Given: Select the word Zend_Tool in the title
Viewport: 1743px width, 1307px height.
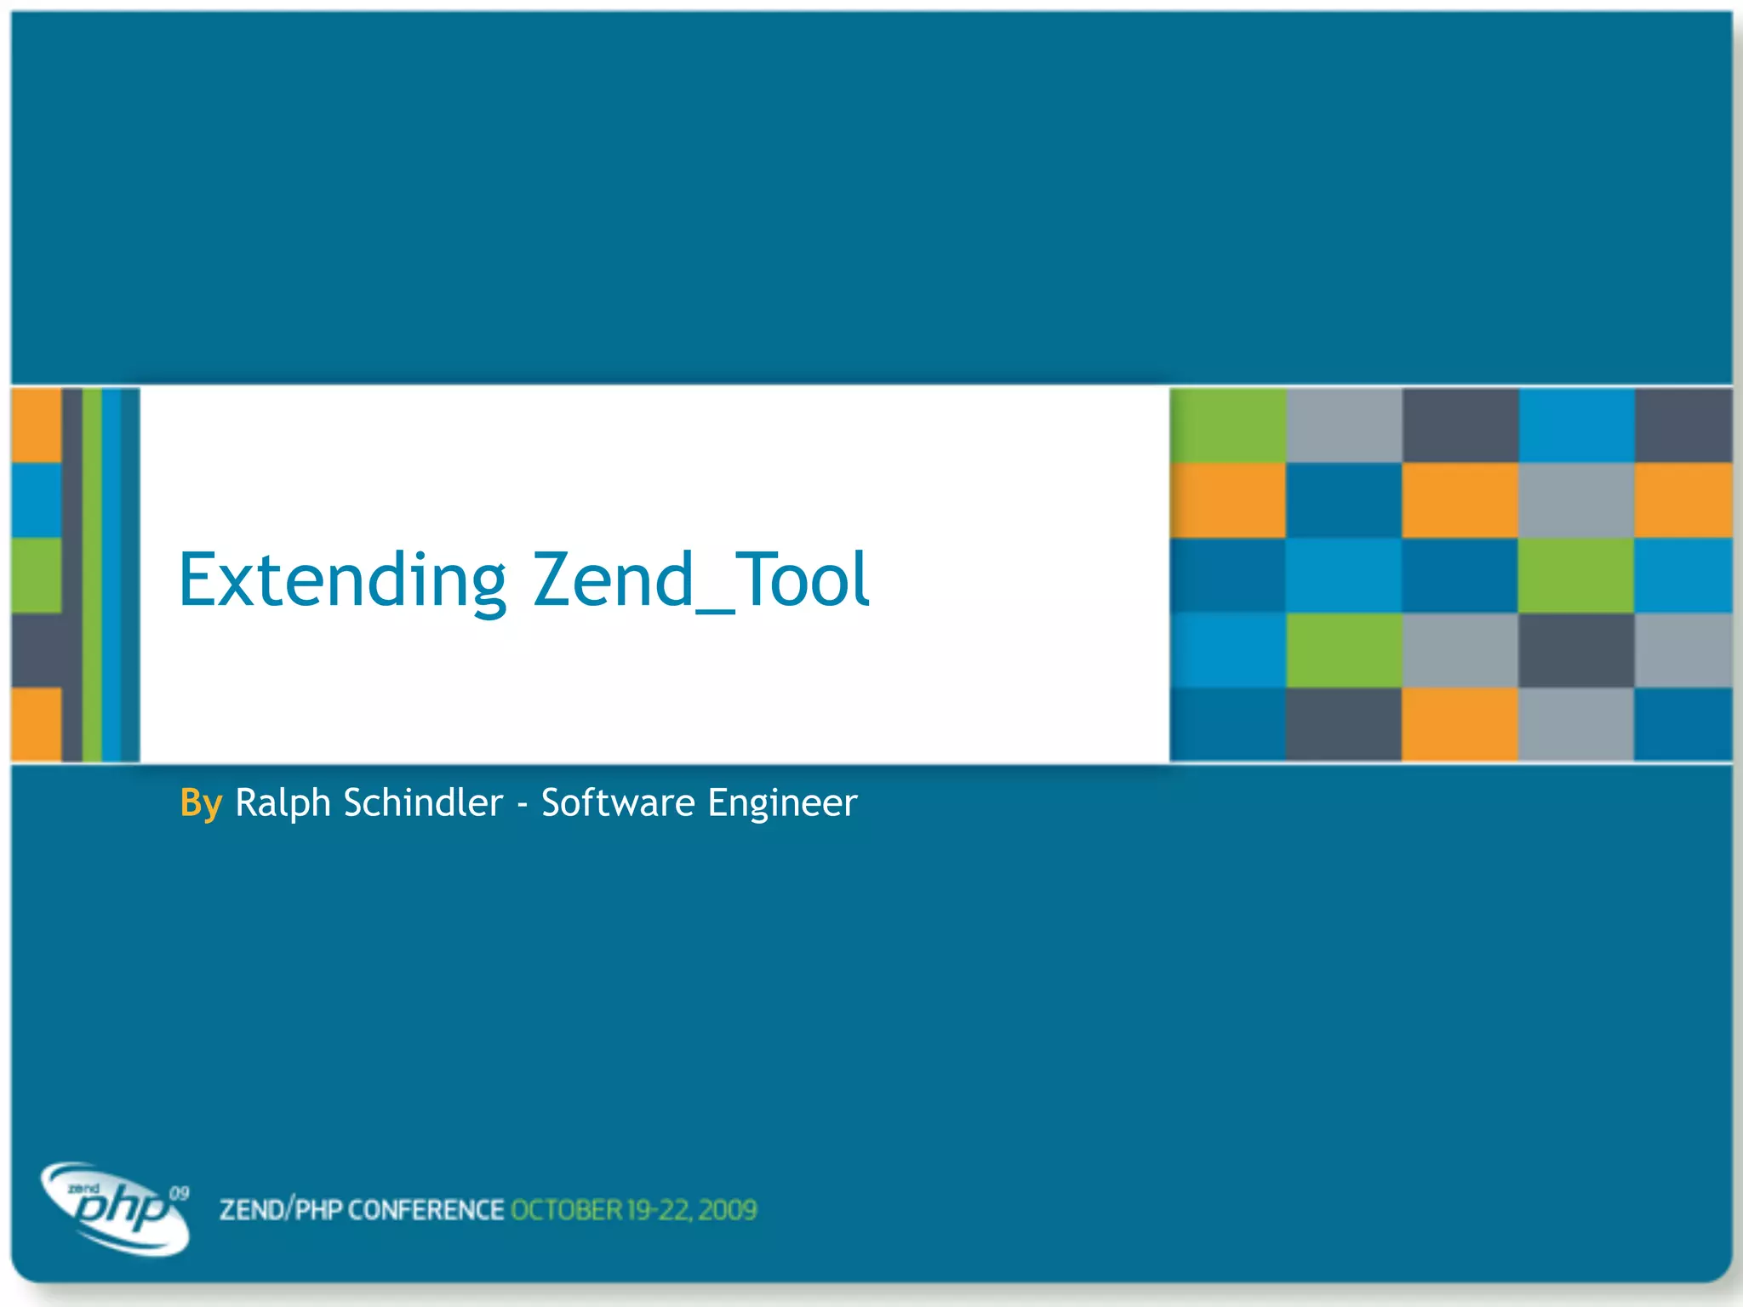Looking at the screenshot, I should click(x=700, y=580).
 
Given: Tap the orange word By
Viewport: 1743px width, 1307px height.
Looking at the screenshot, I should click(x=201, y=803).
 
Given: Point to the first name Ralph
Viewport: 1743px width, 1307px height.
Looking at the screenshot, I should click(x=283, y=803).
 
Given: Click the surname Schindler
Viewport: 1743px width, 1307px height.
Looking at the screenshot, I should click(x=423, y=803).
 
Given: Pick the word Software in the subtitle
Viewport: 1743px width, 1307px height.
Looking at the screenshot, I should click(x=618, y=803).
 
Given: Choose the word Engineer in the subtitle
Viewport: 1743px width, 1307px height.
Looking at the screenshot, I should click(x=782, y=803).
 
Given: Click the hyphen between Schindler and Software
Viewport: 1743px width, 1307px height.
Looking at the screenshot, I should click(x=523, y=805).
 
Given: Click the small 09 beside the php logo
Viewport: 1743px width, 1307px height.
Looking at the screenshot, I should click(x=179, y=1193).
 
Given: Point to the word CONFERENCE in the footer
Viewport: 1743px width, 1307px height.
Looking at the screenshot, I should click(x=426, y=1210).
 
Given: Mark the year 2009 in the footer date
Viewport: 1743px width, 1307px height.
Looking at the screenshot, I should click(x=728, y=1210).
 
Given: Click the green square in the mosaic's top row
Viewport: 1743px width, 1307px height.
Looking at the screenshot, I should click(x=1227, y=425).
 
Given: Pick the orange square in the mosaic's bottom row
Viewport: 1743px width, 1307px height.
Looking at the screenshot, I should click(x=1460, y=723).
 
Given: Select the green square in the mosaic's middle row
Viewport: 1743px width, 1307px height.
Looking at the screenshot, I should click(x=1575, y=575).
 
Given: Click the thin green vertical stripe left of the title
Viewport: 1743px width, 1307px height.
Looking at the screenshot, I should click(x=92, y=575).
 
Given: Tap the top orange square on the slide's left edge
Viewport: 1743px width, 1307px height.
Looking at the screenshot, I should click(x=36, y=425).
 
